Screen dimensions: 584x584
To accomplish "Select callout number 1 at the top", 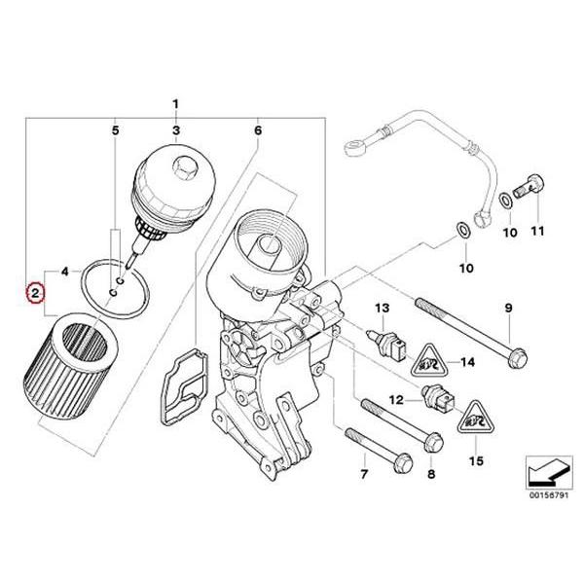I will pos(176,104).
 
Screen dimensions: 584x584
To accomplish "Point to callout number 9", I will pos(506,309).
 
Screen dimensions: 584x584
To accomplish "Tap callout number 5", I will pos(116,129).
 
